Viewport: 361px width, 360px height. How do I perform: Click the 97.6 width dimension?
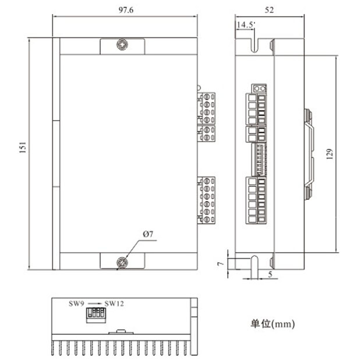[x=126, y=10]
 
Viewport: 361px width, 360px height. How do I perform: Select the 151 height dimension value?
[x=23, y=147]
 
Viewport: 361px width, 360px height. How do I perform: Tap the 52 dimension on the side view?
[x=269, y=10]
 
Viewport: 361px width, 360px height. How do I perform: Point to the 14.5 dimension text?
[x=245, y=25]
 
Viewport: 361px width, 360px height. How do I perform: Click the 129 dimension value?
[x=330, y=154]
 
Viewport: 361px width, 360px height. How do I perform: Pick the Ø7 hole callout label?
[x=148, y=234]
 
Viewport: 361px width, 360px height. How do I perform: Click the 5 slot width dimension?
[x=270, y=274]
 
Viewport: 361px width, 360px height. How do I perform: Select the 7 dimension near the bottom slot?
[x=221, y=263]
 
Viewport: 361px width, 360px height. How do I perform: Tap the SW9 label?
[x=76, y=303]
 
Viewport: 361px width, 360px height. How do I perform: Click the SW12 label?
[x=114, y=303]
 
